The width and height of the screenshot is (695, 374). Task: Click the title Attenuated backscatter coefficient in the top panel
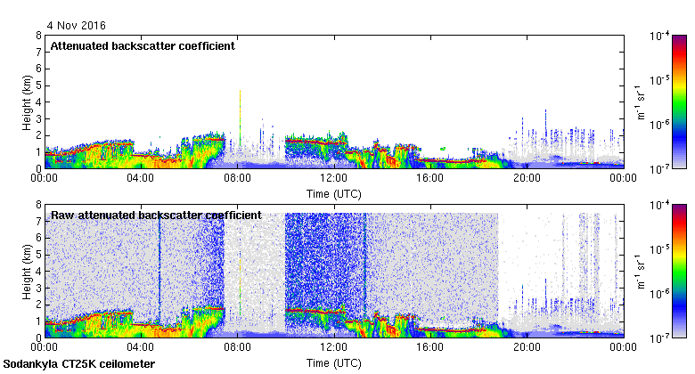pyautogui.click(x=143, y=46)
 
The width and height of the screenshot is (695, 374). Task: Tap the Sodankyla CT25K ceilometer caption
pyautogui.click(x=78, y=364)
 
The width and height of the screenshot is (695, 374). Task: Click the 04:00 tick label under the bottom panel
pyautogui.click(x=142, y=347)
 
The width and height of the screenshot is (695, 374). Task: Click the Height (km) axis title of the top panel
pyautogui.click(x=28, y=102)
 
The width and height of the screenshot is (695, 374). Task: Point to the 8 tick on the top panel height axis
pyautogui.click(x=38, y=36)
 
